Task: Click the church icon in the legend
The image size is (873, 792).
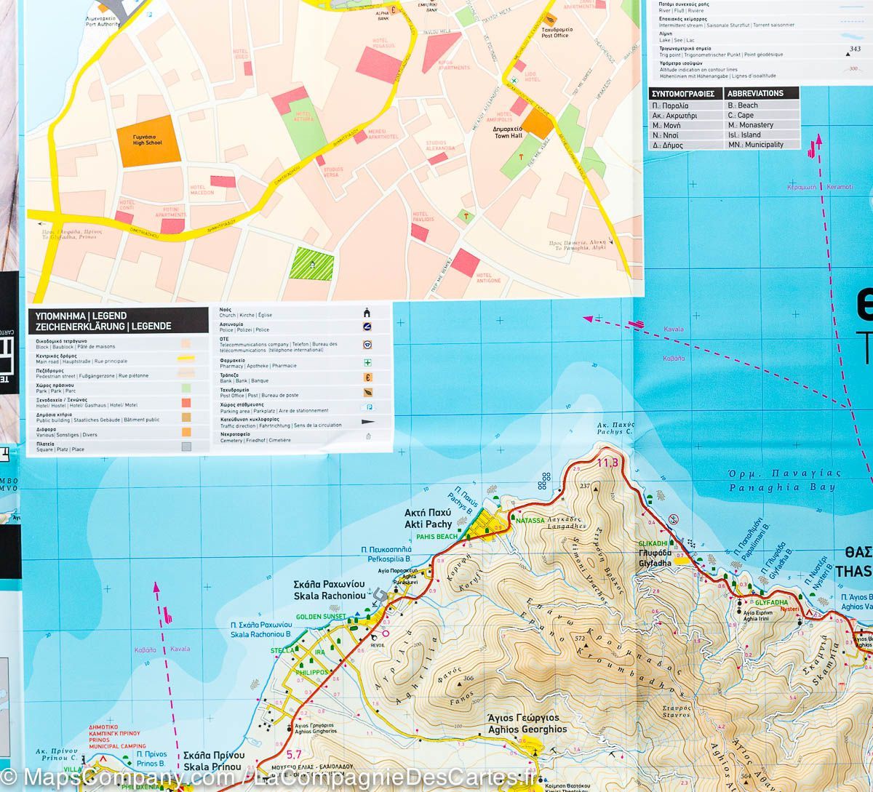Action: point(368,313)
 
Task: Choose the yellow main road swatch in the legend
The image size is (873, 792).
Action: point(186,359)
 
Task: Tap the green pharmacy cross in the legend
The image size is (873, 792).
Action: point(368,362)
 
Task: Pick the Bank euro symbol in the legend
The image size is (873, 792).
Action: point(368,377)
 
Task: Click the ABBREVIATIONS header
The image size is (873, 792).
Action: point(755,93)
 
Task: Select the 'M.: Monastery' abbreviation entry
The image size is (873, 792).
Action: point(751,125)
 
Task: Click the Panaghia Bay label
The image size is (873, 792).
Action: point(782,481)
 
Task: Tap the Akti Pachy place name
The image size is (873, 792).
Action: point(428,519)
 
